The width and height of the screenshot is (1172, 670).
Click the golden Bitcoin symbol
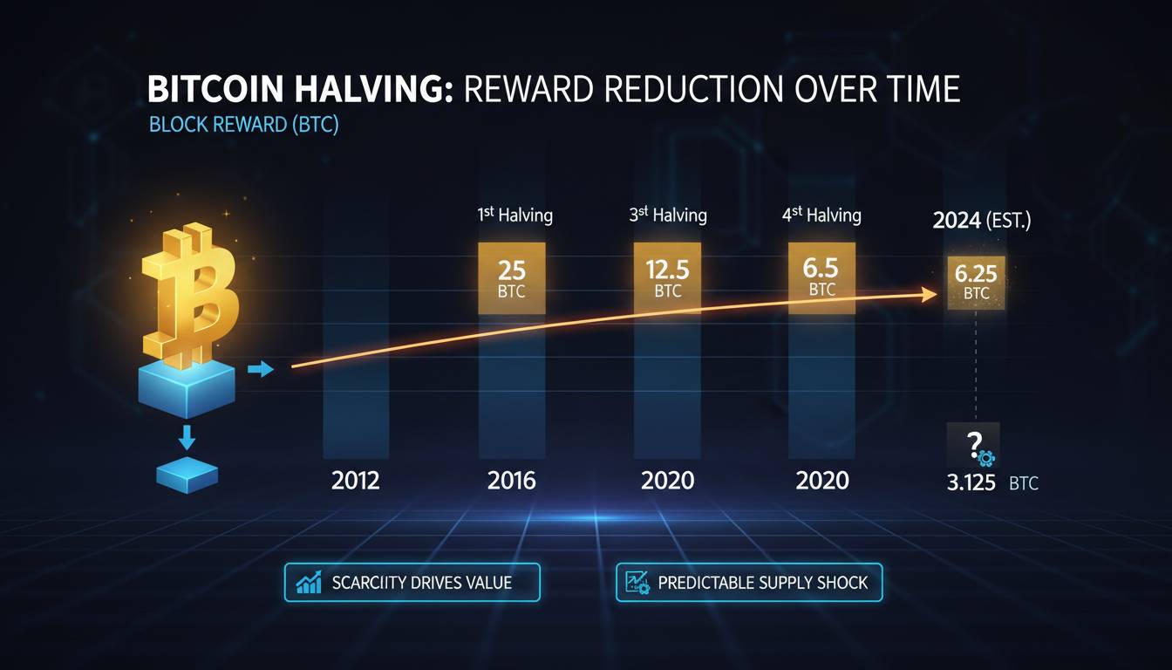[192, 292]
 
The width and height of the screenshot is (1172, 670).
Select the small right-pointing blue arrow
[261, 370]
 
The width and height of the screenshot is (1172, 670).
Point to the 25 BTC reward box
[512, 278]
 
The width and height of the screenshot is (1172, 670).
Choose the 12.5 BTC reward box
[666, 278]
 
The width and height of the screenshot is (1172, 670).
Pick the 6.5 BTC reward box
[822, 277]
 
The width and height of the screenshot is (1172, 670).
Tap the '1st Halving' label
[514, 215]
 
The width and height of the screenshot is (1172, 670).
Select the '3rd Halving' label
[668, 215]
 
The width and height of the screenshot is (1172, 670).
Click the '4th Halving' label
[821, 215]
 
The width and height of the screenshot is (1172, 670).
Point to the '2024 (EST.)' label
[981, 221]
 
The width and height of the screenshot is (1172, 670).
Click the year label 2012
[356, 481]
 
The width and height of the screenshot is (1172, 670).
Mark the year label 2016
[512, 481]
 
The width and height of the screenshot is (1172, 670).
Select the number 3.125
[971, 482]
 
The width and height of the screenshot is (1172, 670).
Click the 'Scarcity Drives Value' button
[412, 583]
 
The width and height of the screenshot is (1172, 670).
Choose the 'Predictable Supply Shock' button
[748, 583]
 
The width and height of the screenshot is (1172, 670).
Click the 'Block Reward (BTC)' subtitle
[243, 125]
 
